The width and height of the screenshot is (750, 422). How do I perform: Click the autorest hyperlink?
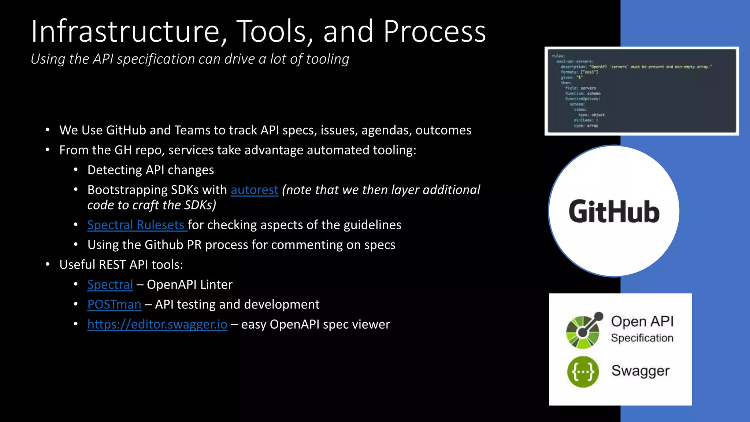pyautogui.click(x=254, y=190)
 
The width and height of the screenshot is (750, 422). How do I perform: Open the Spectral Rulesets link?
pyautogui.click(x=135, y=225)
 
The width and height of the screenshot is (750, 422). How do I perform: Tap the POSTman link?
pyautogui.click(x=114, y=304)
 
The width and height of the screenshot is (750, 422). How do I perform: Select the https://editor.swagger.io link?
pyautogui.click(x=157, y=325)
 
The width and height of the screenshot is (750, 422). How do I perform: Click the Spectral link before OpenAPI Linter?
pyautogui.click(x=110, y=285)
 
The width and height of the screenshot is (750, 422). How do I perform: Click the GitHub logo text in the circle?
pyautogui.click(x=614, y=212)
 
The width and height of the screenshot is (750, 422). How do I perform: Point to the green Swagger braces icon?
pyautogui.click(x=583, y=372)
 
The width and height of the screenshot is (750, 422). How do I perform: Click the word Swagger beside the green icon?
pyautogui.click(x=640, y=371)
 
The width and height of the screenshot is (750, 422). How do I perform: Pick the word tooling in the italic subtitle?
pyautogui.click(x=327, y=59)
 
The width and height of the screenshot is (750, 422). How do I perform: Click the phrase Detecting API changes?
pyautogui.click(x=151, y=170)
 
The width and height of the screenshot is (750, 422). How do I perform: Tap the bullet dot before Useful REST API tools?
pyautogui.click(x=48, y=264)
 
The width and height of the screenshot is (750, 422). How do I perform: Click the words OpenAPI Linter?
pyautogui.click(x=189, y=285)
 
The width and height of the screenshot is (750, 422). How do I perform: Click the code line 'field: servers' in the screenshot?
pyautogui.click(x=580, y=88)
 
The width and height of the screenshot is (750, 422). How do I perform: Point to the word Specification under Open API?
pyautogui.click(x=642, y=338)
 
